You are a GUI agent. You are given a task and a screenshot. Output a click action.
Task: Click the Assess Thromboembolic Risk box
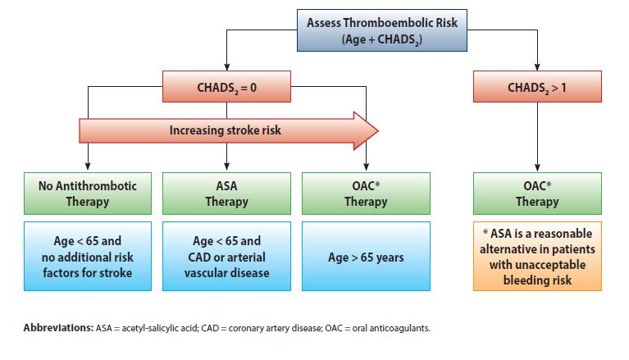[x=382, y=30]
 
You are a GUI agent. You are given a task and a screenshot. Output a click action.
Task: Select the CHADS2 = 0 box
[x=226, y=87]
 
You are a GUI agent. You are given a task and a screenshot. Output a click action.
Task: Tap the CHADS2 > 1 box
[x=537, y=87]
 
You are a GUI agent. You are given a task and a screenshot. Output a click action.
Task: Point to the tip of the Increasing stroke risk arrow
[x=378, y=131]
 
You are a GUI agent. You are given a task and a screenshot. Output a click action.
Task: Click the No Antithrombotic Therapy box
[x=88, y=194]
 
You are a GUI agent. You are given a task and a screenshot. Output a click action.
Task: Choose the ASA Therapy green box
[x=226, y=194]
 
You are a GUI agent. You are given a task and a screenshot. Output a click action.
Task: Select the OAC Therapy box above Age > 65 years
[x=366, y=194]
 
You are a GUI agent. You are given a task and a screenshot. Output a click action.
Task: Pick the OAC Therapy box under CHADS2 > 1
[x=537, y=194]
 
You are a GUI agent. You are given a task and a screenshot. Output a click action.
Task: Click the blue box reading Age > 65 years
[x=366, y=256]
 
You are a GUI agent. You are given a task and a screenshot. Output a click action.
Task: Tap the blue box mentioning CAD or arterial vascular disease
[x=226, y=256]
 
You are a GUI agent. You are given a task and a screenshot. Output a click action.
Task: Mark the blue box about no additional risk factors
[x=88, y=256]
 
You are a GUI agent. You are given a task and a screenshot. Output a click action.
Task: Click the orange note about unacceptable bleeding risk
[x=537, y=256]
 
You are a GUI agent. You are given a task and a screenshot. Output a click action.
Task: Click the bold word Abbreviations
[x=58, y=328]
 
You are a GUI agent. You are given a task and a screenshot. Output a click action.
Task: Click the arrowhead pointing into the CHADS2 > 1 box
[x=537, y=67]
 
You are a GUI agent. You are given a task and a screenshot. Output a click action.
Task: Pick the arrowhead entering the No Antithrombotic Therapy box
[x=88, y=166]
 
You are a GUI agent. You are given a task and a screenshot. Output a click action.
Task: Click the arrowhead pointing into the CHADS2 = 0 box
[x=226, y=67]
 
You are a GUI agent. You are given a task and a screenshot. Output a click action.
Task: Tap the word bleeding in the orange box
[x=522, y=280]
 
